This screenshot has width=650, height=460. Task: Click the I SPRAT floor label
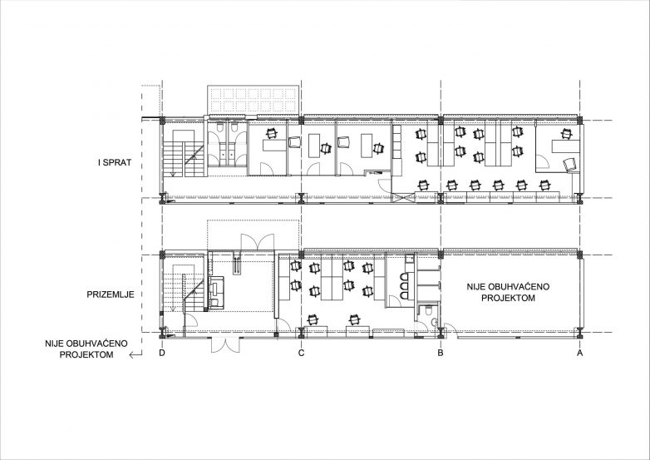coord(115,162)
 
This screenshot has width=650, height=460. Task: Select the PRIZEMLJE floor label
coord(111,295)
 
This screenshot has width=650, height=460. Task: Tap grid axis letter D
coord(162,353)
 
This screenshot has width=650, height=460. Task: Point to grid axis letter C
coord(302,353)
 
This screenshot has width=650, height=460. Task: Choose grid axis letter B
coord(441,353)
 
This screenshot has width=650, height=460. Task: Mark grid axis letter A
coord(580,353)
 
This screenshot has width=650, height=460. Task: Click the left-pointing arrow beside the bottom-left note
coord(135,354)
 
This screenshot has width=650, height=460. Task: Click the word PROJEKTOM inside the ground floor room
coord(508,298)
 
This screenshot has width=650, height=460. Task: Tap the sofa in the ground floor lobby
coord(216,293)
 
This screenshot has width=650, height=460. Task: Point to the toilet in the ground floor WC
coord(428,310)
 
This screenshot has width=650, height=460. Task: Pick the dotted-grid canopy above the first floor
coord(253,100)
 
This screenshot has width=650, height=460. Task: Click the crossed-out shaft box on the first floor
coord(403,197)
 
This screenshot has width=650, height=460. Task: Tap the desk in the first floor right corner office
coord(565,148)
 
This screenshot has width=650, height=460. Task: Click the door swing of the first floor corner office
coord(543,161)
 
